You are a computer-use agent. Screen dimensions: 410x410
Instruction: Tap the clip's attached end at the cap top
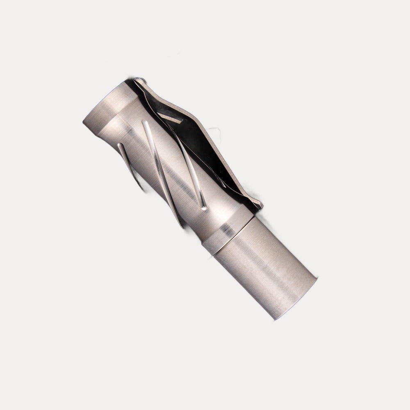point(139,81)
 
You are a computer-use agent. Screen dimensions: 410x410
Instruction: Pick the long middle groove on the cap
point(162,172)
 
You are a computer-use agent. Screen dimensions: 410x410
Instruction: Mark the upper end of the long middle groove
point(144,122)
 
